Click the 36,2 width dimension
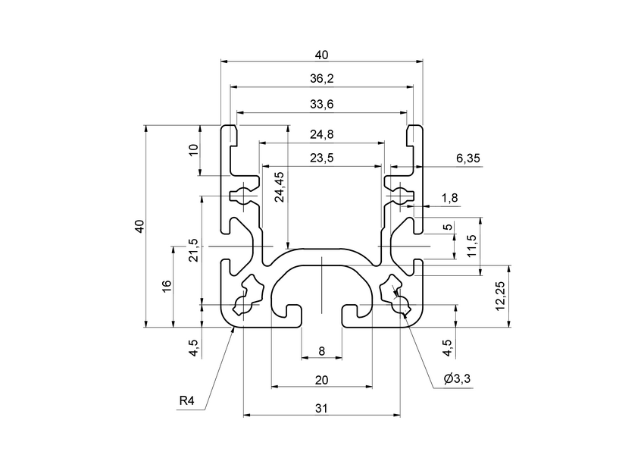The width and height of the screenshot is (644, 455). coord(321,79)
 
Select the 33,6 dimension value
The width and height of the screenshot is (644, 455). coord(321,105)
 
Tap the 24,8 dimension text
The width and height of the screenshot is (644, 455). coord(321,134)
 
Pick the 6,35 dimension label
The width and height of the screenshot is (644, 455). coord(468,158)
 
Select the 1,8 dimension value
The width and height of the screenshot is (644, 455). coord(449,198)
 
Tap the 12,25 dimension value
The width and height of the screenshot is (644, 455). coord(499,296)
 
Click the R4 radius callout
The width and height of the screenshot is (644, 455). coord(187,400)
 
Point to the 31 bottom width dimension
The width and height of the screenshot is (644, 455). coord(321,408)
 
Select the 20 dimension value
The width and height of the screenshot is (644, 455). coord(321,379)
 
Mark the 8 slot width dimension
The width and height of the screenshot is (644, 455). coord(321,350)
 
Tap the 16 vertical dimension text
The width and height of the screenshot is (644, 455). coord(167,286)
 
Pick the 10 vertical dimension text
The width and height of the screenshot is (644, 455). coord(192,149)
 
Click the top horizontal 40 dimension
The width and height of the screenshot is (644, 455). coord(321,55)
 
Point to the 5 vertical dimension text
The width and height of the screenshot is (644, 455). coord(447,227)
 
